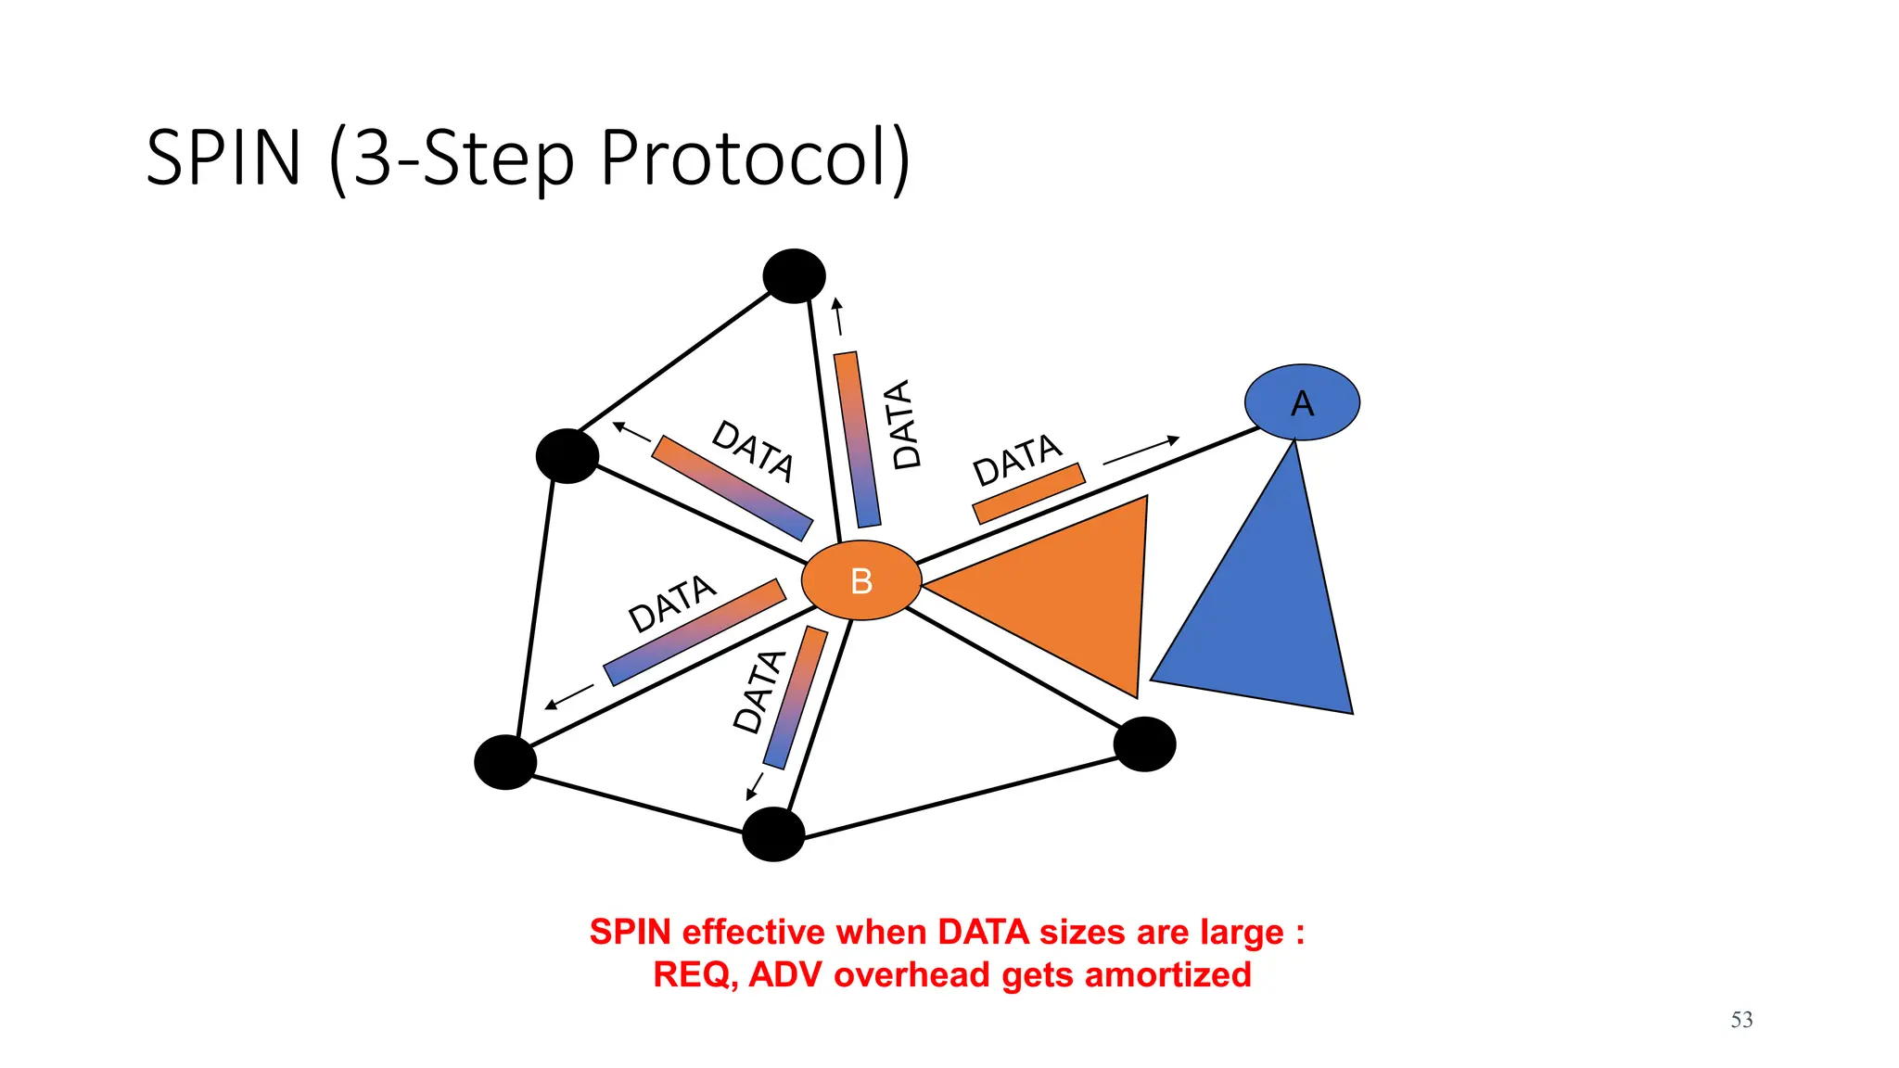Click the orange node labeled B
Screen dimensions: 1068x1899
click(x=860, y=580)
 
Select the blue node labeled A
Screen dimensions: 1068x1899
click(x=1302, y=402)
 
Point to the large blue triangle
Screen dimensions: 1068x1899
click(x=1270, y=621)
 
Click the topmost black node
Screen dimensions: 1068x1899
click(x=794, y=275)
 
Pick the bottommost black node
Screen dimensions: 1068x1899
click(x=773, y=834)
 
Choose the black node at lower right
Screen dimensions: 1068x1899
click(x=1144, y=744)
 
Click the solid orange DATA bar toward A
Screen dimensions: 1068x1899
click(x=1028, y=493)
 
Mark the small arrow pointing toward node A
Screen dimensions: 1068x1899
click(x=1141, y=450)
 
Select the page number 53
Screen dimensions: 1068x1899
click(x=1741, y=1020)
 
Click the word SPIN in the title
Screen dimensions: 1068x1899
click(x=223, y=158)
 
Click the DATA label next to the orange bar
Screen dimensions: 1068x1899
click(x=1017, y=459)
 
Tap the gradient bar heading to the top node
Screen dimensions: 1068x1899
click(x=857, y=439)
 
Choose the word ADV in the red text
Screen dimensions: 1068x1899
click(x=786, y=975)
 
